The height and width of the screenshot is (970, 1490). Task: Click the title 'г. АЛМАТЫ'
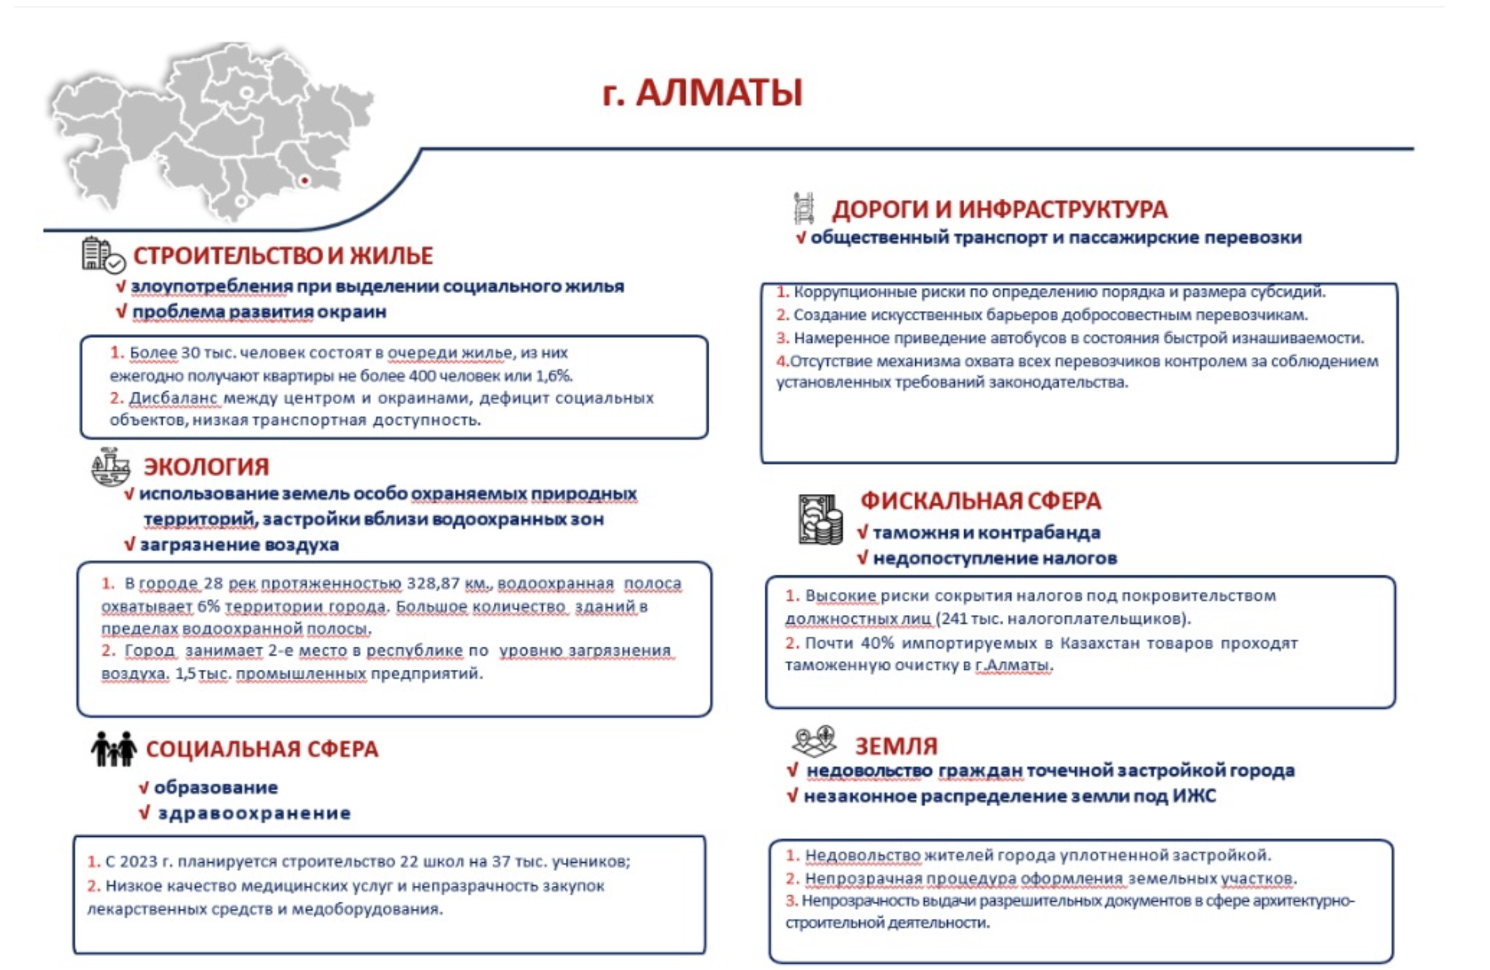[702, 92]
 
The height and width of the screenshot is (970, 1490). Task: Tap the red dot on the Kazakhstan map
[305, 181]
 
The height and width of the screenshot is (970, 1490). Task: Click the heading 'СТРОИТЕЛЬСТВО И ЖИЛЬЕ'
[283, 256]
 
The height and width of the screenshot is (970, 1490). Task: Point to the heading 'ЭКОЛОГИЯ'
[206, 467]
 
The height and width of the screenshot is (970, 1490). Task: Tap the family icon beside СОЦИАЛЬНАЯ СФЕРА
[113, 749]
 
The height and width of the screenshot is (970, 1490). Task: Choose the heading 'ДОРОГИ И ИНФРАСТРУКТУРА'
[999, 209]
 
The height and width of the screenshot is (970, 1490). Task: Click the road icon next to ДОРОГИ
[804, 208]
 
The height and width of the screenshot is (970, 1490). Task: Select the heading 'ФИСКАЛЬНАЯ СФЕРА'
[980, 501]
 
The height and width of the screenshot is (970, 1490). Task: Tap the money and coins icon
[820, 519]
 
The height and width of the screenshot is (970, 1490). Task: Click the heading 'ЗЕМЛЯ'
[896, 746]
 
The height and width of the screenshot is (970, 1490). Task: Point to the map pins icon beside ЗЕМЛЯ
[814, 741]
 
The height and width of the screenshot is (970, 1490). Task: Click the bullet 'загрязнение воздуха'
[239, 545]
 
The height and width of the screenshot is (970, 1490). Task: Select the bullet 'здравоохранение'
[254, 813]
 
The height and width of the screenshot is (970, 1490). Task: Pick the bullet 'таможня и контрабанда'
[986, 532]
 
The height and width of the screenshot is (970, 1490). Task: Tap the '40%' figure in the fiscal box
[877, 642]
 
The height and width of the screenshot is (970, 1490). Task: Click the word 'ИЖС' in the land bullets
[1194, 796]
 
